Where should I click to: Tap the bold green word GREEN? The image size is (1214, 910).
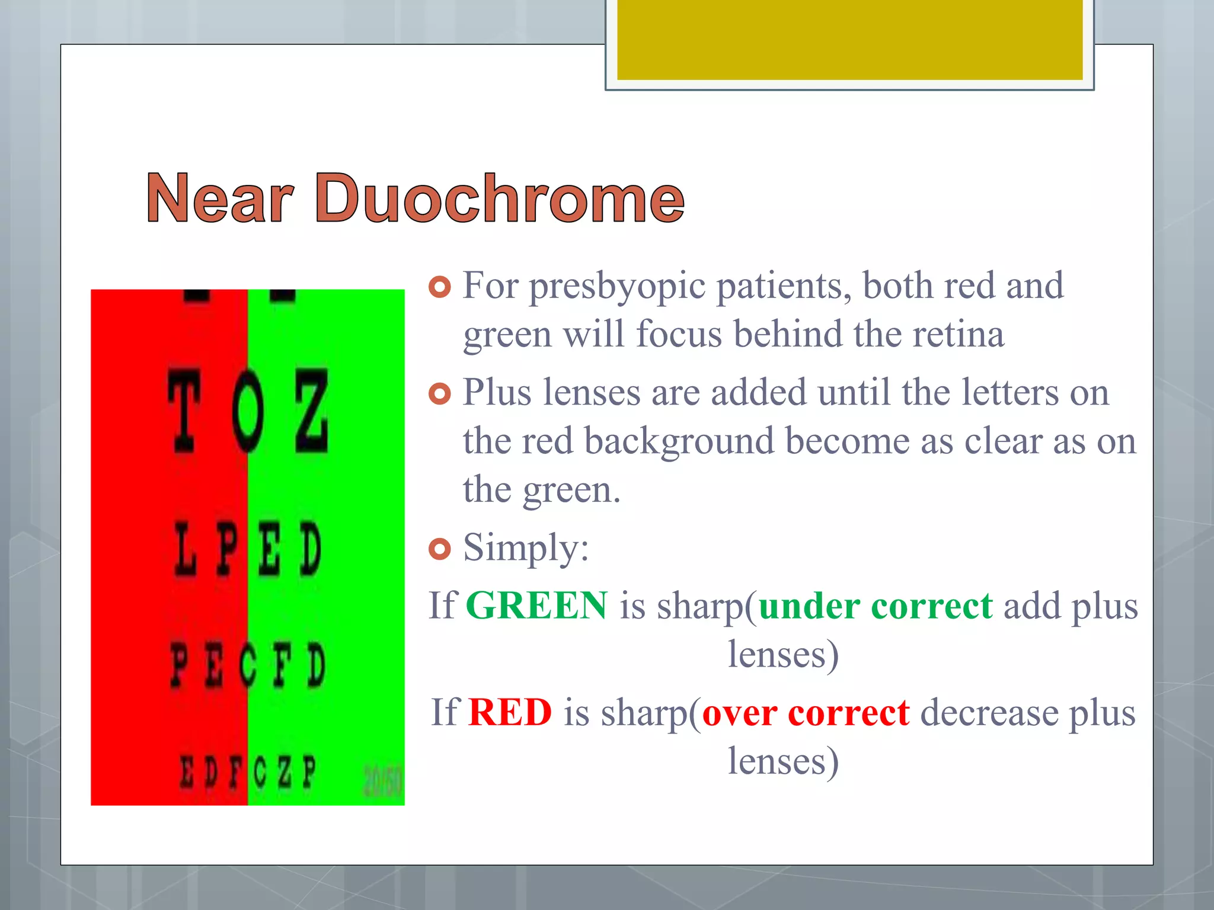pyautogui.click(x=536, y=605)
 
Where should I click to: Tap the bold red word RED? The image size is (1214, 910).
pyautogui.click(x=510, y=712)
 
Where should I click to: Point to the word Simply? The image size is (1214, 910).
pyautogui.click(x=526, y=547)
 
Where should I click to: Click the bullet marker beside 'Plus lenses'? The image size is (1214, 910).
pyautogui.click(x=439, y=394)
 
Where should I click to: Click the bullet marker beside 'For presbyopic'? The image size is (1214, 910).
pyautogui.click(x=439, y=288)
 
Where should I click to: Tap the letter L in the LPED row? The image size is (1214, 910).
pyautogui.click(x=185, y=550)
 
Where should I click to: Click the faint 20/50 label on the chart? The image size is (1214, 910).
pyautogui.click(x=382, y=781)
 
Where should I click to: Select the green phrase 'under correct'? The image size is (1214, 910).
pyautogui.click(x=875, y=605)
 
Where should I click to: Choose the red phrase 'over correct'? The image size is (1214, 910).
pyautogui.click(x=805, y=712)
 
